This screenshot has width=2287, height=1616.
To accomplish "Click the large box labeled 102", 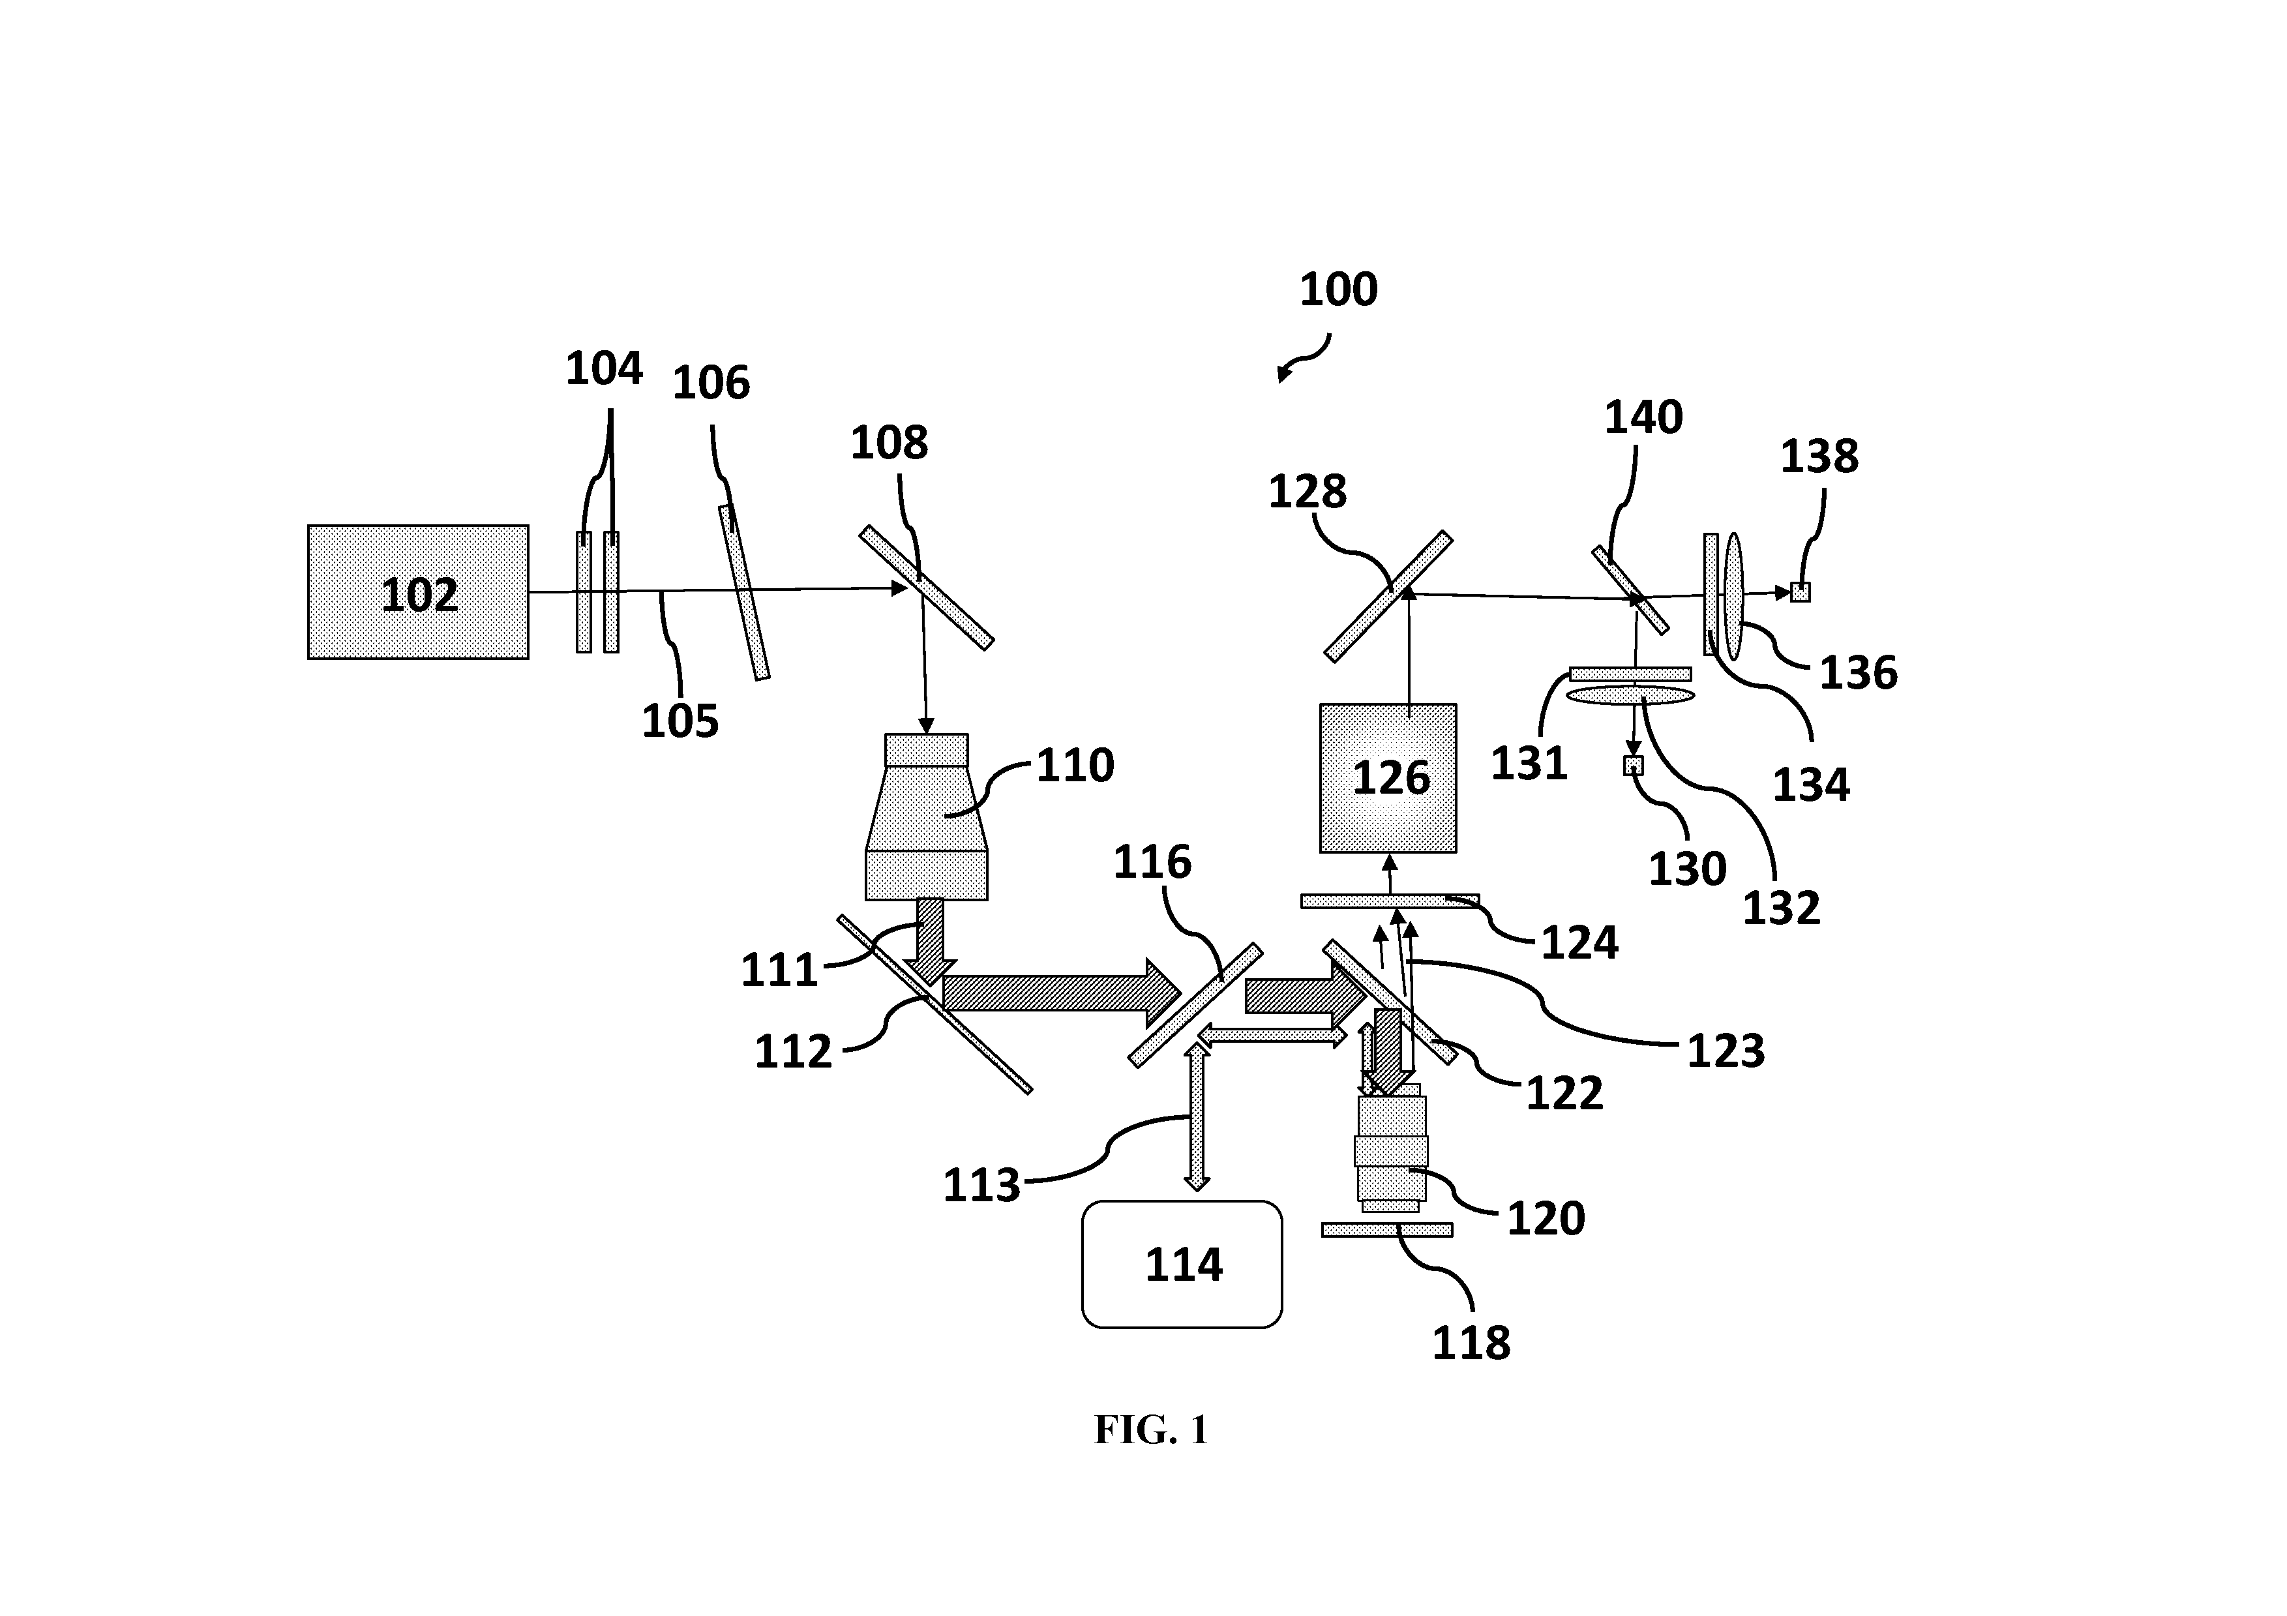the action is [x=419, y=591].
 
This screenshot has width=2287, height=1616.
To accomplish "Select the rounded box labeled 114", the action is [x=1182, y=1264].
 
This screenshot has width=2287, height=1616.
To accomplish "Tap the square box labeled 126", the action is [x=1388, y=778].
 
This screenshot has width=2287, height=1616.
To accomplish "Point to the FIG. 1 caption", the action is [x=1152, y=1429].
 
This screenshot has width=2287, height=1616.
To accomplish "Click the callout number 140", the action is [x=1643, y=417].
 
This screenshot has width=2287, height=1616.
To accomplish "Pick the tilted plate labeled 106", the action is [x=744, y=593].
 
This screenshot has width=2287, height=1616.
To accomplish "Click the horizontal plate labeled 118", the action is [x=1386, y=1229].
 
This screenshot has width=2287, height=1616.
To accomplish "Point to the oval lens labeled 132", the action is [x=1630, y=695].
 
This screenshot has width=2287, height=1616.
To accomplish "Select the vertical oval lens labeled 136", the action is [x=1734, y=596].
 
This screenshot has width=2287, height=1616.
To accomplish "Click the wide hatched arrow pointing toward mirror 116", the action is [x=1062, y=993].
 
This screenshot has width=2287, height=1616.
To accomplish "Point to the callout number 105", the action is [x=680, y=721].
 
